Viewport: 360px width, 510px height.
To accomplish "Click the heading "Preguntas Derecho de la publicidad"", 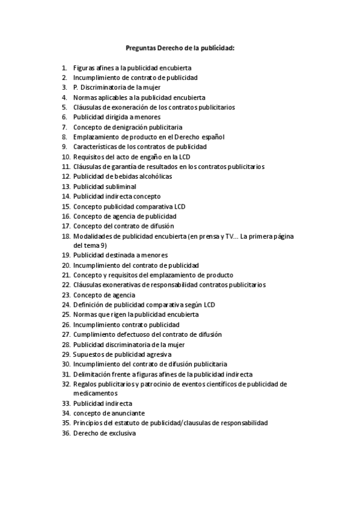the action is [180, 48].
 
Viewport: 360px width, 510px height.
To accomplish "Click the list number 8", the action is [64, 137].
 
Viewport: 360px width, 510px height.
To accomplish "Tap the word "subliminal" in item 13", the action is [121, 186].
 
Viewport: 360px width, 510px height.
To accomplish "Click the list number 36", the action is [66, 433].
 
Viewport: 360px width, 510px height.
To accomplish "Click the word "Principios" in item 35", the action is [89, 423].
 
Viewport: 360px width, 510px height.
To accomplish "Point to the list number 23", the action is [66, 295].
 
